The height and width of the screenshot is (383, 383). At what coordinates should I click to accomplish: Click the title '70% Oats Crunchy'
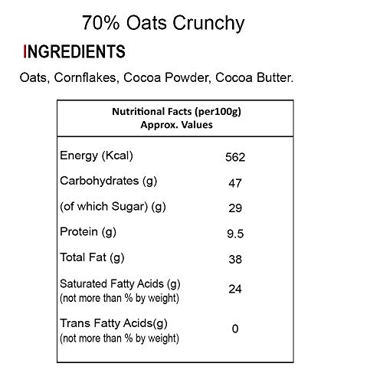coord(163,24)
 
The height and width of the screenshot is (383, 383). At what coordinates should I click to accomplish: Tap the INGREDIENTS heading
coord(74,51)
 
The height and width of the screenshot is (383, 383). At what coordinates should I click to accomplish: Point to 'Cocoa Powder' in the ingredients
coord(167,77)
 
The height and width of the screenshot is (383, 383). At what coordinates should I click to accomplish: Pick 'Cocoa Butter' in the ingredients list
coord(254,77)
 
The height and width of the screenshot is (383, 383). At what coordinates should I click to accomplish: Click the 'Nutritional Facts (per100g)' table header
coord(176,112)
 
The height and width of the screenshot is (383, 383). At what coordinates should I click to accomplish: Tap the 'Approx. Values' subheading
coord(176,125)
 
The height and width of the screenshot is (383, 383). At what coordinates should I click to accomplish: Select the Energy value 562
coord(235,157)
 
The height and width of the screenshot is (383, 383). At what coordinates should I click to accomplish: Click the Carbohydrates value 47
coord(235,183)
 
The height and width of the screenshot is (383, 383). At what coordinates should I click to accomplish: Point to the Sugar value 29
coord(235,208)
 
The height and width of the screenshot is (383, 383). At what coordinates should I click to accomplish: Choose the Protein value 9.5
coord(235,234)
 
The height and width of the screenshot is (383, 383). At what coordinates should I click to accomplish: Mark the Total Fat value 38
coord(235,260)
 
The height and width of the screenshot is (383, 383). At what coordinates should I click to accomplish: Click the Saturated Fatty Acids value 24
coord(235,289)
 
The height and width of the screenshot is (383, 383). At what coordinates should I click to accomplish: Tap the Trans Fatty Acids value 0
coord(235,329)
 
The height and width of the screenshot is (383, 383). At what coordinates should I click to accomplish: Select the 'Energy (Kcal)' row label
coord(97,155)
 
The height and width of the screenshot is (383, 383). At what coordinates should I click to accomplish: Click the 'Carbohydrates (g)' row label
coord(109,182)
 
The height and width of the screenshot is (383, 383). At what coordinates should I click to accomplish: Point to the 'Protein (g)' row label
coord(88,232)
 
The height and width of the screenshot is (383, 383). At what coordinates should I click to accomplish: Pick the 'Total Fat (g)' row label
coord(92,257)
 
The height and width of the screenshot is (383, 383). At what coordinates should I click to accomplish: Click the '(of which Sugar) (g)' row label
coord(113,207)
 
